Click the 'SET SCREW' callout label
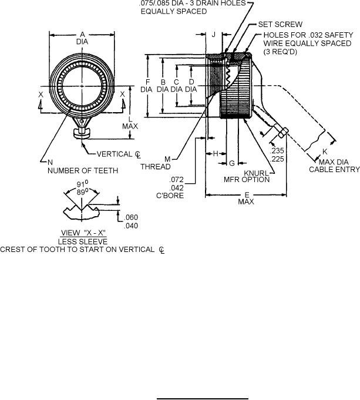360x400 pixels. [280, 25]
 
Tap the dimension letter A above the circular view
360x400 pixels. [82, 35]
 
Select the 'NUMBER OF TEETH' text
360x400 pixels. [83, 171]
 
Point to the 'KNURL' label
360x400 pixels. [256, 173]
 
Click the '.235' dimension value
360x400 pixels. [277, 150]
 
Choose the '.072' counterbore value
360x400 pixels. [176, 180]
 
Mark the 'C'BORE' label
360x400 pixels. [170, 196]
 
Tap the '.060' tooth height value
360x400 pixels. [130, 217]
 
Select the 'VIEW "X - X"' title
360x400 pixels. [83, 233]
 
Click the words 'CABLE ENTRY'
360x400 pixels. [334, 169]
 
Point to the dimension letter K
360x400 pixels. [325, 152]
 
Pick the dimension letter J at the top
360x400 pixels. [214, 35]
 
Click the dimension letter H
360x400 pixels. [216, 153]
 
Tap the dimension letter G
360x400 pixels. [232, 163]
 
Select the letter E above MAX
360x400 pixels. [247, 196]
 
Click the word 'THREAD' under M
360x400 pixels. [156, 167]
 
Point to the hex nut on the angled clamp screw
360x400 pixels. [282, 133]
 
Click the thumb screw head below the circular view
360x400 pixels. [82, 133]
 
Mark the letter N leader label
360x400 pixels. [50, 162]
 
